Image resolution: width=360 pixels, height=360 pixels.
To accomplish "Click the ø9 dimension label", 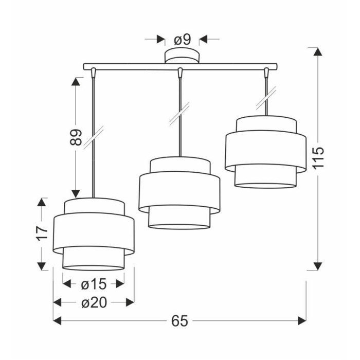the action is (x=182, y=40).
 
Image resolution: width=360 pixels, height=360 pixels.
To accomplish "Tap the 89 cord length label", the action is (x=76, y=137).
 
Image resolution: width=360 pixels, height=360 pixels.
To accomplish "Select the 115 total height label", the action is (x=318, y=158).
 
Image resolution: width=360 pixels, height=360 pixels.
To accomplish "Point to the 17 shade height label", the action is (x=42, y=233).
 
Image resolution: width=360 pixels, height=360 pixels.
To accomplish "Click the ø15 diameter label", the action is (x=94, y=284).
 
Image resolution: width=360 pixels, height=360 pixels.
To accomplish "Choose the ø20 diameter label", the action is (x=94, y=302).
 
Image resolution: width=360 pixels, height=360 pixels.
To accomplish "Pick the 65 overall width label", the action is (x=180, y=321).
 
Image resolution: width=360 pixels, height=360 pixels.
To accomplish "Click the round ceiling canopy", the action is (x=182, y=56).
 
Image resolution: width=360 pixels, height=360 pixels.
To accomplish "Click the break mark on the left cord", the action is (x=94, y=137).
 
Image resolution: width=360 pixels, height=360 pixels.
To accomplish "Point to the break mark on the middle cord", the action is (x=180, y=114).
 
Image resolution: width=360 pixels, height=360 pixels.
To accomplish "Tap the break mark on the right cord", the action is (x=266, y=97).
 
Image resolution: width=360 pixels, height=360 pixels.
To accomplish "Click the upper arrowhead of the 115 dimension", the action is (x=318, y=51).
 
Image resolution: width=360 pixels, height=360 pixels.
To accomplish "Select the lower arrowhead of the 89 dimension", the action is (x=76, y=194).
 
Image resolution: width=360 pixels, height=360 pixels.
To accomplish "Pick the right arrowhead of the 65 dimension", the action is (x=302, y=321).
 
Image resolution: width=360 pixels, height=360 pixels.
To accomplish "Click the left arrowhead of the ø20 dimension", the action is (x=57, y=302).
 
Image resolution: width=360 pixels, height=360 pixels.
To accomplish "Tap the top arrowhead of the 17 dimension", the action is (x=42, y=202).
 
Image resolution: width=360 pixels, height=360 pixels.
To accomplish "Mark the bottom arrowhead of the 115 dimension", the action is (x=318, y=266).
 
